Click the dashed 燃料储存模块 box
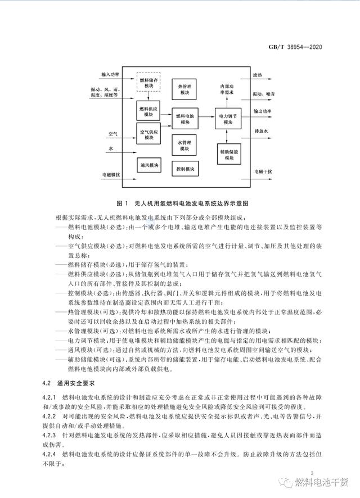[148, 84]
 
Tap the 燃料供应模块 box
[148, 111]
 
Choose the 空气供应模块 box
[148, 134]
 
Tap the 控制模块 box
[185, 169]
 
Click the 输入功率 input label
[111, 74]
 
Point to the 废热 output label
[258, 74]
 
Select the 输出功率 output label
[263, 111]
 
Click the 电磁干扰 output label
[263, 170]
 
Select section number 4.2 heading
[49, 382]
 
